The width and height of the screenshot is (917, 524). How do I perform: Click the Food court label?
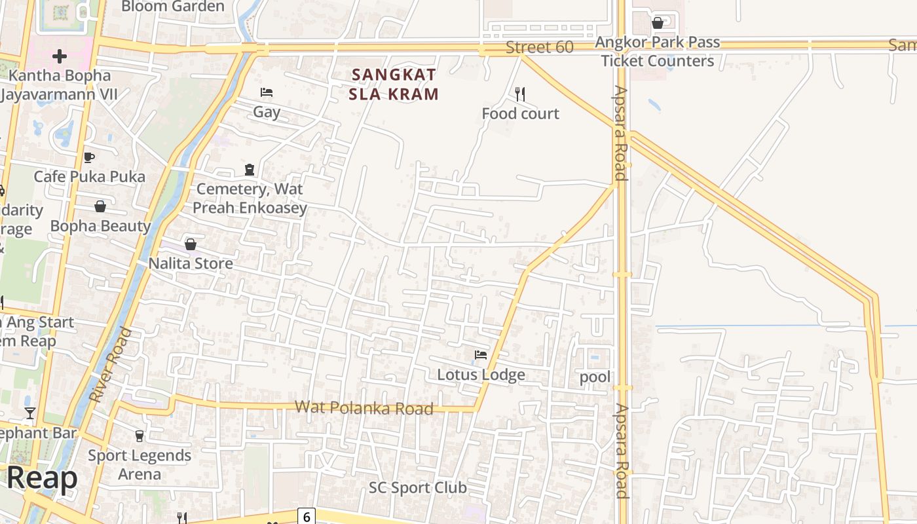pos(520,113)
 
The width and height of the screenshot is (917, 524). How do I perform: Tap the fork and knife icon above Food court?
pos(520,94)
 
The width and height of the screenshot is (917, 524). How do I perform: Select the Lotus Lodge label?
pos(481,375)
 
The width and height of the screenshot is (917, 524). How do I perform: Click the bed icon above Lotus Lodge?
pos(481,355)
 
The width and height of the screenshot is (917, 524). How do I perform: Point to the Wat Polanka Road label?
pos(364,407)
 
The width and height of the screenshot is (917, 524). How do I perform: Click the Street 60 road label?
pos(540,47)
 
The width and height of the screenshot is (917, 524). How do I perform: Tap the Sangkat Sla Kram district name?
pos(393,84)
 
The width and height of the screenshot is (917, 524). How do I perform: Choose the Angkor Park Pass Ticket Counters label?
pos(657,52)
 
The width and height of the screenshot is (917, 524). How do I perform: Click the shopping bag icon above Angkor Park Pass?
pos(658,24)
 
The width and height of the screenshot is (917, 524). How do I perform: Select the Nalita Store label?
pos(191,263)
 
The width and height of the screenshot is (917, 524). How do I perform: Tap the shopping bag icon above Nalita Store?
pos(191,244)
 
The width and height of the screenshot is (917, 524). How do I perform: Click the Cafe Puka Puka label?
pos(89,176)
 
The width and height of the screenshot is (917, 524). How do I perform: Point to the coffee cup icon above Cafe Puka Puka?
pos(89,157)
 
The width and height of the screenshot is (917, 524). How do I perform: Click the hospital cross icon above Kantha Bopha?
pos(60,56)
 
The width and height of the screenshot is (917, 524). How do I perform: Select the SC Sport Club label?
pos(417,487)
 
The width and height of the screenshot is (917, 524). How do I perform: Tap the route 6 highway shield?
pos(306,516)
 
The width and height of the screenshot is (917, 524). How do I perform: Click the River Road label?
pos(110,365)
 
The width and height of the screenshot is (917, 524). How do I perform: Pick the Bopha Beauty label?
pos(100,226)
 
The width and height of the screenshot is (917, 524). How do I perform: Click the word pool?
pos(595,377)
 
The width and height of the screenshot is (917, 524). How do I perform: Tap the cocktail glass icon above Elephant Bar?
pos(30,413)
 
